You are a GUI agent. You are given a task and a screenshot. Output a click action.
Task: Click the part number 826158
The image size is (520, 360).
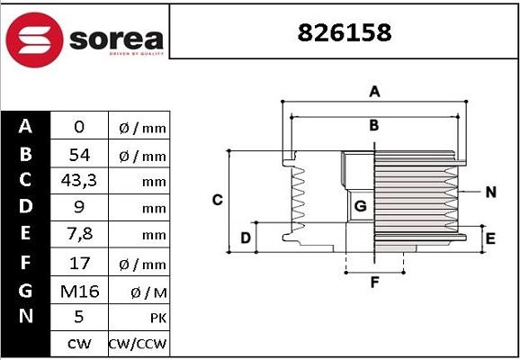[x=345, y=32]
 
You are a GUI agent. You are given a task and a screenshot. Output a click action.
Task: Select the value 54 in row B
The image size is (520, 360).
[x=79, y=155]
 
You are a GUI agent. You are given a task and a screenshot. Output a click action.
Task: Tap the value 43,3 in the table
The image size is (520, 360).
[x=79, y=181]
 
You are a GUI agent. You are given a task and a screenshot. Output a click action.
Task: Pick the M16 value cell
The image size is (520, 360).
[x=79, y=290]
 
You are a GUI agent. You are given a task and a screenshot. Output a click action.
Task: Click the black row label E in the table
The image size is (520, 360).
[x=25, y=235]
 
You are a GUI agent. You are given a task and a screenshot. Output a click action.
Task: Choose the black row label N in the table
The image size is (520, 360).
[x=25, y=316]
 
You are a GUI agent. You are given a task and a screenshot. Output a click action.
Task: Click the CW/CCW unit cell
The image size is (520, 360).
[x=138, y=344]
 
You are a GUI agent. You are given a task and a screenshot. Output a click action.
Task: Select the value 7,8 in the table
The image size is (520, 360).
[x=79, y=236]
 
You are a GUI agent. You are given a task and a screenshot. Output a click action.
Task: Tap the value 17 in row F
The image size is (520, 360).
[x=79, y=263]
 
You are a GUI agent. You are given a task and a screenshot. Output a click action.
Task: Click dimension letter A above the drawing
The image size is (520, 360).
[x=375, y=91]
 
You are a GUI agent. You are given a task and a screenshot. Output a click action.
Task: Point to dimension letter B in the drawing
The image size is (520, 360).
[x=373, y=124]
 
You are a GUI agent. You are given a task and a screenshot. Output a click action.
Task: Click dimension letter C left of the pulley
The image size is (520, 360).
[x=217, y=200]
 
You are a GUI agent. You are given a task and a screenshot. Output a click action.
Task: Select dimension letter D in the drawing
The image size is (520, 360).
[x=245, y=238]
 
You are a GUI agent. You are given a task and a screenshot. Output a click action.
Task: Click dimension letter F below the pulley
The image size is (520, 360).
[x=375, y=283]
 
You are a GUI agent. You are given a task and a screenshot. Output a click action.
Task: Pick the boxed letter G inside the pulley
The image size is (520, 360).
[x=360, y=206]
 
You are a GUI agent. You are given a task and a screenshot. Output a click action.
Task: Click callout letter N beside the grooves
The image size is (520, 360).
[x=490, y=192]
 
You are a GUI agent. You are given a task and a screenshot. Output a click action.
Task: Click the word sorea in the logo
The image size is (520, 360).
[x=117, y=39]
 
